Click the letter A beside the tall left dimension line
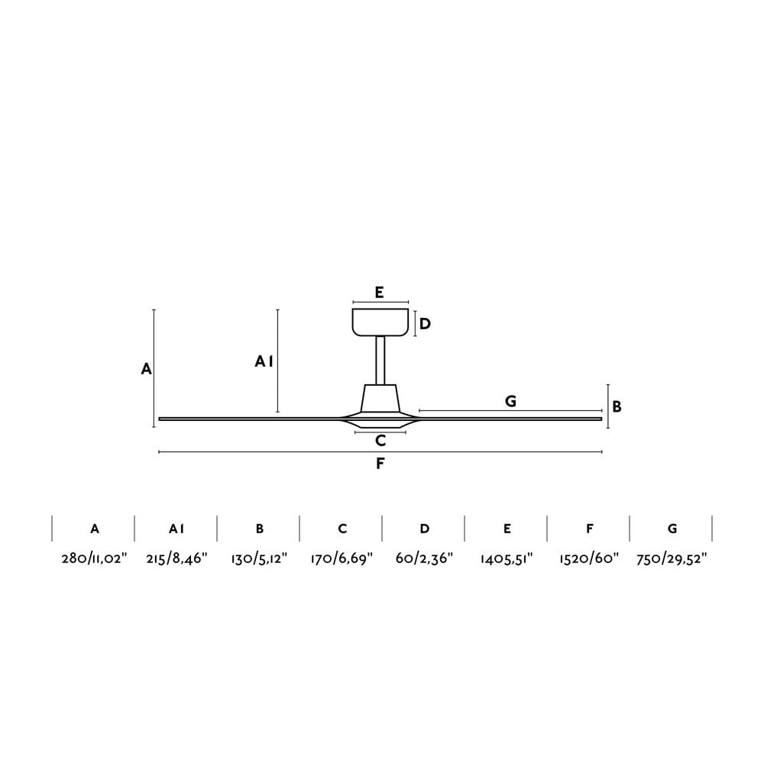point(147,369)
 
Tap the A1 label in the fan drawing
point(264,361)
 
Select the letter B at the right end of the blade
point(617,407)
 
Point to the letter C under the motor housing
point(380,441)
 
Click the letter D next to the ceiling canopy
point(425,324)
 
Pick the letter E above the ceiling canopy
point(379,292)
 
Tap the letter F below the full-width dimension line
point(380,464)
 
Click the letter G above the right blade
point(510,401)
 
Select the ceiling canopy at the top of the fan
point(380,322)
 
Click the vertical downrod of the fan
point(380,360)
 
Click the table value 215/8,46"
point(176,558)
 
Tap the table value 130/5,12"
point(259,558)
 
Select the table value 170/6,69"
point(342,558)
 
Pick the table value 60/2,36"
point(424,558)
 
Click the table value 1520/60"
point(589,558)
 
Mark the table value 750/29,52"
point(672,558)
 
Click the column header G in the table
point(672,529)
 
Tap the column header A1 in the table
point(176,529)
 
